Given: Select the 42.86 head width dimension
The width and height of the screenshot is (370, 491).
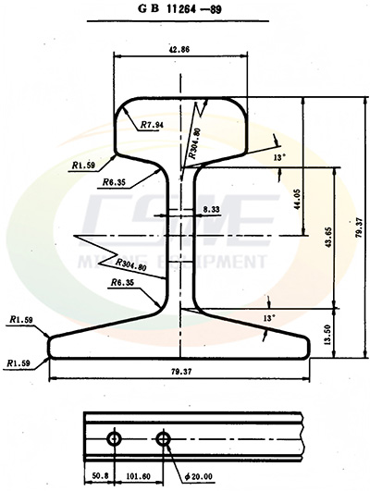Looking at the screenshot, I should [180, 49].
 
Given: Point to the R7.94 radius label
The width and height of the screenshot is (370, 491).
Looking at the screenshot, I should [154, 124].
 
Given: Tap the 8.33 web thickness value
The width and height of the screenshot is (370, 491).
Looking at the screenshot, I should [210, 211].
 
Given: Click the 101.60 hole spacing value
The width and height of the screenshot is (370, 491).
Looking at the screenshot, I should [139, 476].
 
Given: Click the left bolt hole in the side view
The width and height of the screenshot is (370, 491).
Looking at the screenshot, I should [114, 436].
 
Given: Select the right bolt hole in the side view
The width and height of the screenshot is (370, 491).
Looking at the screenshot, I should [165, 436].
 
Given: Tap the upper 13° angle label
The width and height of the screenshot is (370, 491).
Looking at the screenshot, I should [279, 158].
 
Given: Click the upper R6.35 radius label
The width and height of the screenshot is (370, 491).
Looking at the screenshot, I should [115, 182].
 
